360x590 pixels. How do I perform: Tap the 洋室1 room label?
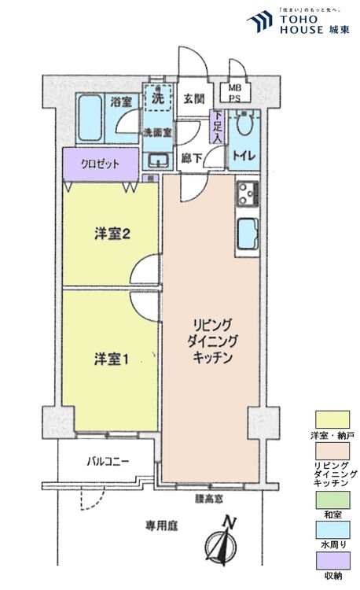tap(111, 359)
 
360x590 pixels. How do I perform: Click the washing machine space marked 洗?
tap(157, 100)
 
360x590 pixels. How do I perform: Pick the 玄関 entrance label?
tap(193, 99)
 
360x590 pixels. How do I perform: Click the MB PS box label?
tap(235, 93)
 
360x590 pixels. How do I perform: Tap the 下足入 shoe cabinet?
tap(217, 127)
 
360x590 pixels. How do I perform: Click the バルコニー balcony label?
tap(108, 462)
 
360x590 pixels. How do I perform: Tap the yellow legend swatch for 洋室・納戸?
tap(331, 419)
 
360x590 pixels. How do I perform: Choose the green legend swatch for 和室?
tap(331, 500)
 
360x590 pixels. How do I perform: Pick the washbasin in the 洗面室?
tap(158, 160)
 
